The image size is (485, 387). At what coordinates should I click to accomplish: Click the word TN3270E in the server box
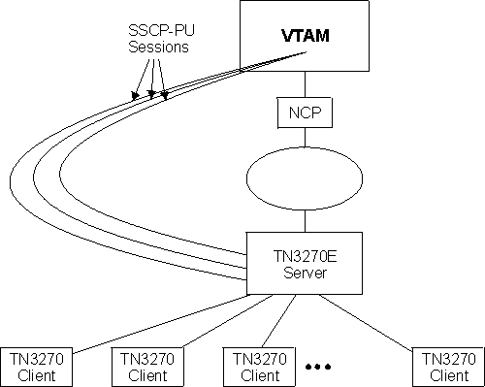pos(287,256)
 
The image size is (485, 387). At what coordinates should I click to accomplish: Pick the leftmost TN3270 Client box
pos(36,365)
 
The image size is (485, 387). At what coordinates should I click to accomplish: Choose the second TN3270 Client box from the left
pos(145,365)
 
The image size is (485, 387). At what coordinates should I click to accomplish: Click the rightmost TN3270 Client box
pos(445,365)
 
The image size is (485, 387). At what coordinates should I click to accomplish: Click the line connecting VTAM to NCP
pos(305,83)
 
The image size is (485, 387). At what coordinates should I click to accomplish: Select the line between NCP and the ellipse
pos(305,138)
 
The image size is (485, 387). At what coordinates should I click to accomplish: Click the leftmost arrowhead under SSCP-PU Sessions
pos(135,96)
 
